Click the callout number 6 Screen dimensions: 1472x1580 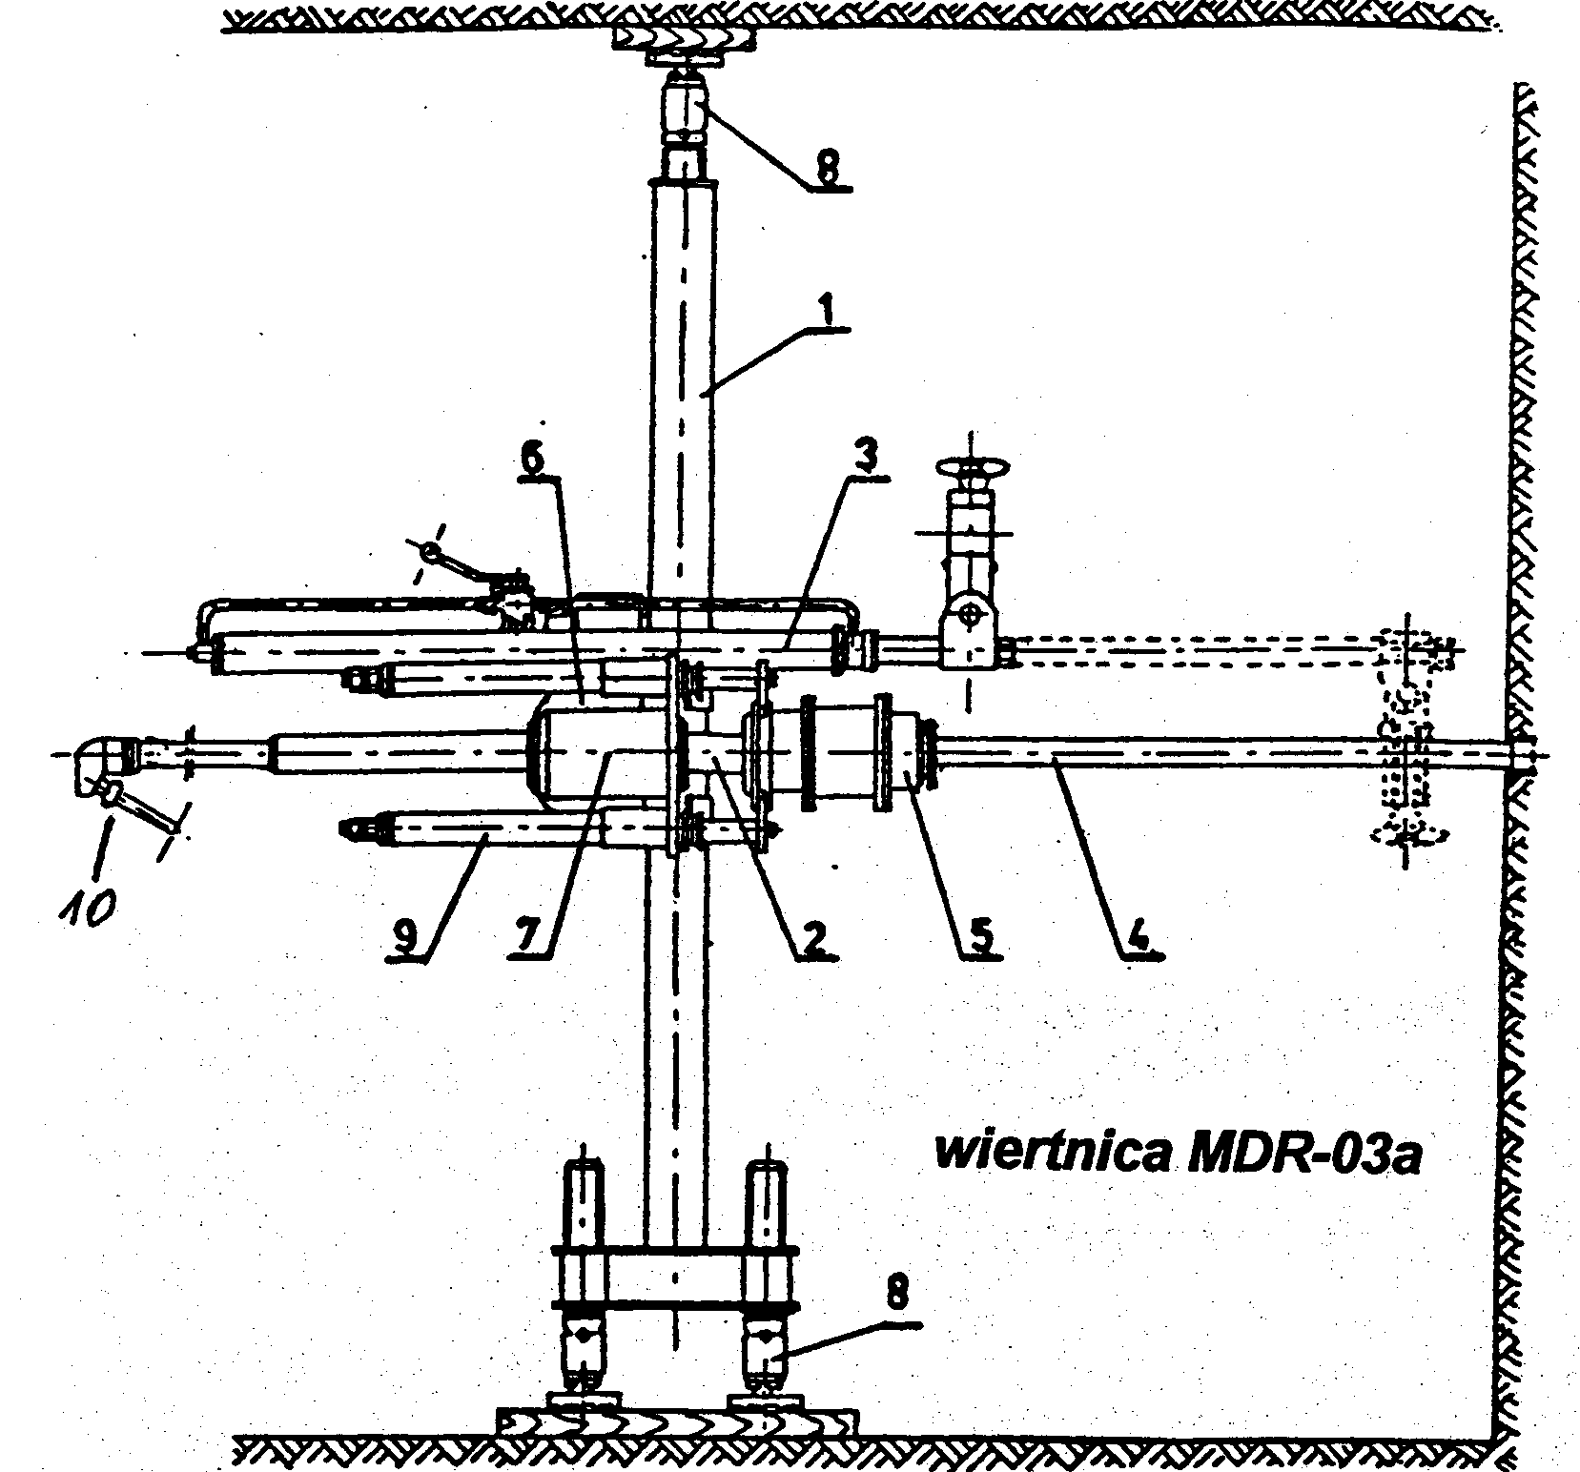pyautogui.click(x=534, y=461)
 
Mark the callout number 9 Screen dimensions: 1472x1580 pyautogui.click(x=406, y=938)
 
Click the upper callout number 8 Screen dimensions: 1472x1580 pyautogui.click(x=826, y=169)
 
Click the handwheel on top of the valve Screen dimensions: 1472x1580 pyautogui.click(x=971, y=470)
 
